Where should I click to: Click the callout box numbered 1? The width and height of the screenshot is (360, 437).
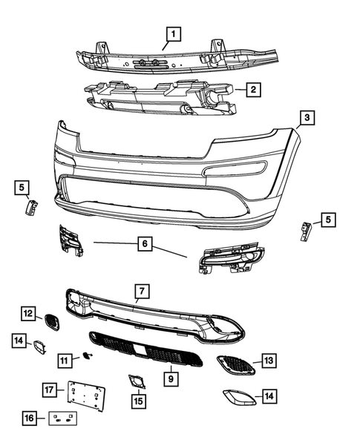coord(173,33)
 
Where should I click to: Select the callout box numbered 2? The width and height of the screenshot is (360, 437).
coord(253,90)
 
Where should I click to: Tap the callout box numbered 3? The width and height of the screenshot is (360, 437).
coord(306,118)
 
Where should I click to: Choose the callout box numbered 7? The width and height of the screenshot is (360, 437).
coord(141,290)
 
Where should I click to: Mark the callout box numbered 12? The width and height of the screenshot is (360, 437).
coord(28,315)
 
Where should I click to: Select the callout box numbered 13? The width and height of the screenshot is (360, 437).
coord(269,361)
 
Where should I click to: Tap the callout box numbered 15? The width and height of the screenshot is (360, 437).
coord(138,402)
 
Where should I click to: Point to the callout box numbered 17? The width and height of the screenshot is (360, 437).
coord(50,389)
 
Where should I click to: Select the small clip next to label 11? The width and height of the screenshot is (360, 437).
coord(88,357)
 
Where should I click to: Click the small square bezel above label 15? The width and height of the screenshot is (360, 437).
coord(138,382)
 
